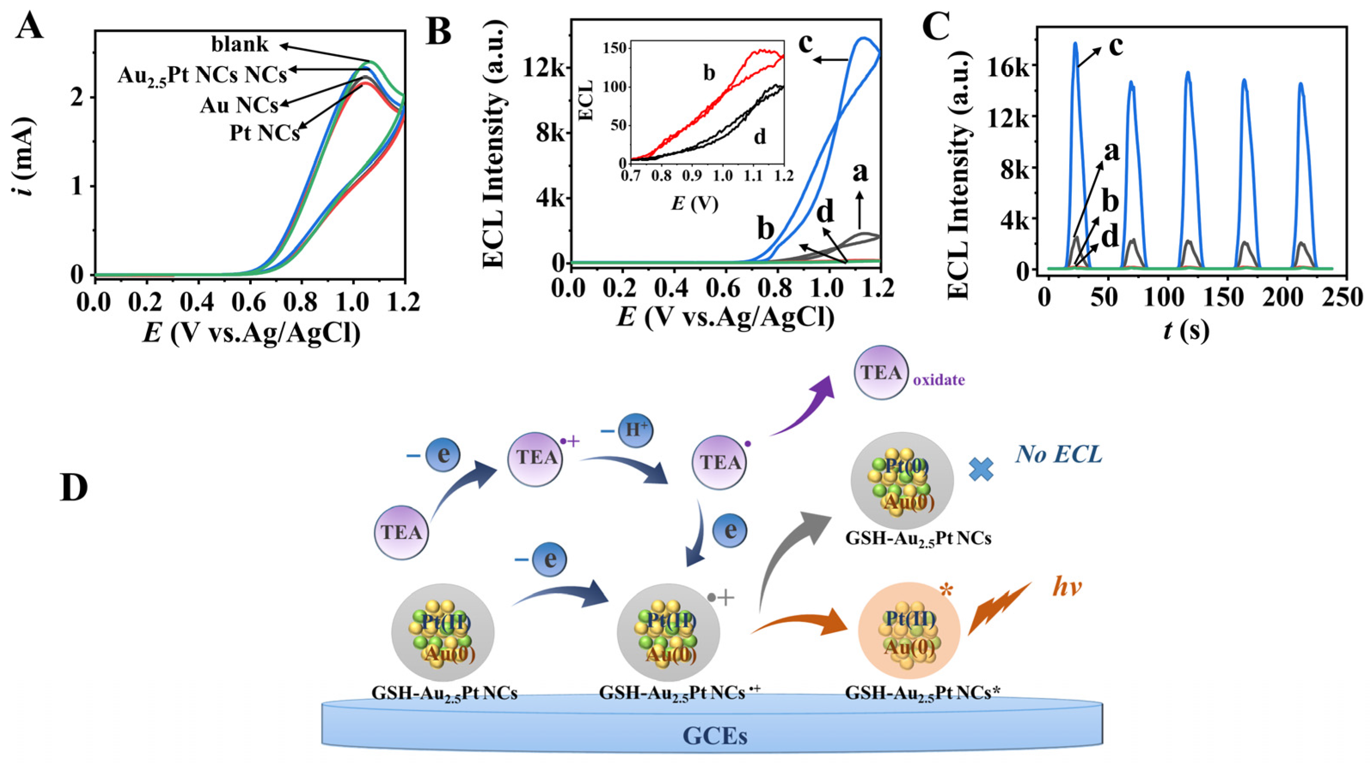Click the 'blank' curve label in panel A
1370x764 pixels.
click(x=240, y=45)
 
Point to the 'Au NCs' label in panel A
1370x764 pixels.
click(x=239, y=106)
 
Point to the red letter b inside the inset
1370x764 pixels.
click(x=709, y=73)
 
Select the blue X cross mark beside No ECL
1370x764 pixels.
click(x=981, y=469)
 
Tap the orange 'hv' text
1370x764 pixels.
click(x=1068, y=587)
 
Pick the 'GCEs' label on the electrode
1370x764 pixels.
click(x=714, y=737)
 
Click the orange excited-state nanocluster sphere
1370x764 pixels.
click(x=909, y=633)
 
